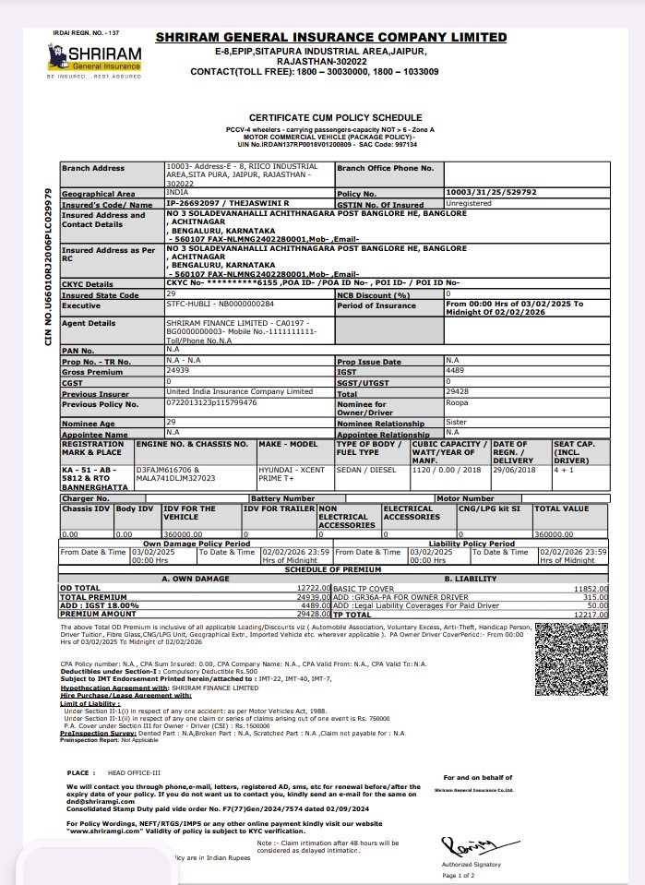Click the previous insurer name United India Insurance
coord(239,391)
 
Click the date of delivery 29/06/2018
coord(512,468)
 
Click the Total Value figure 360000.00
coord(553,533)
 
